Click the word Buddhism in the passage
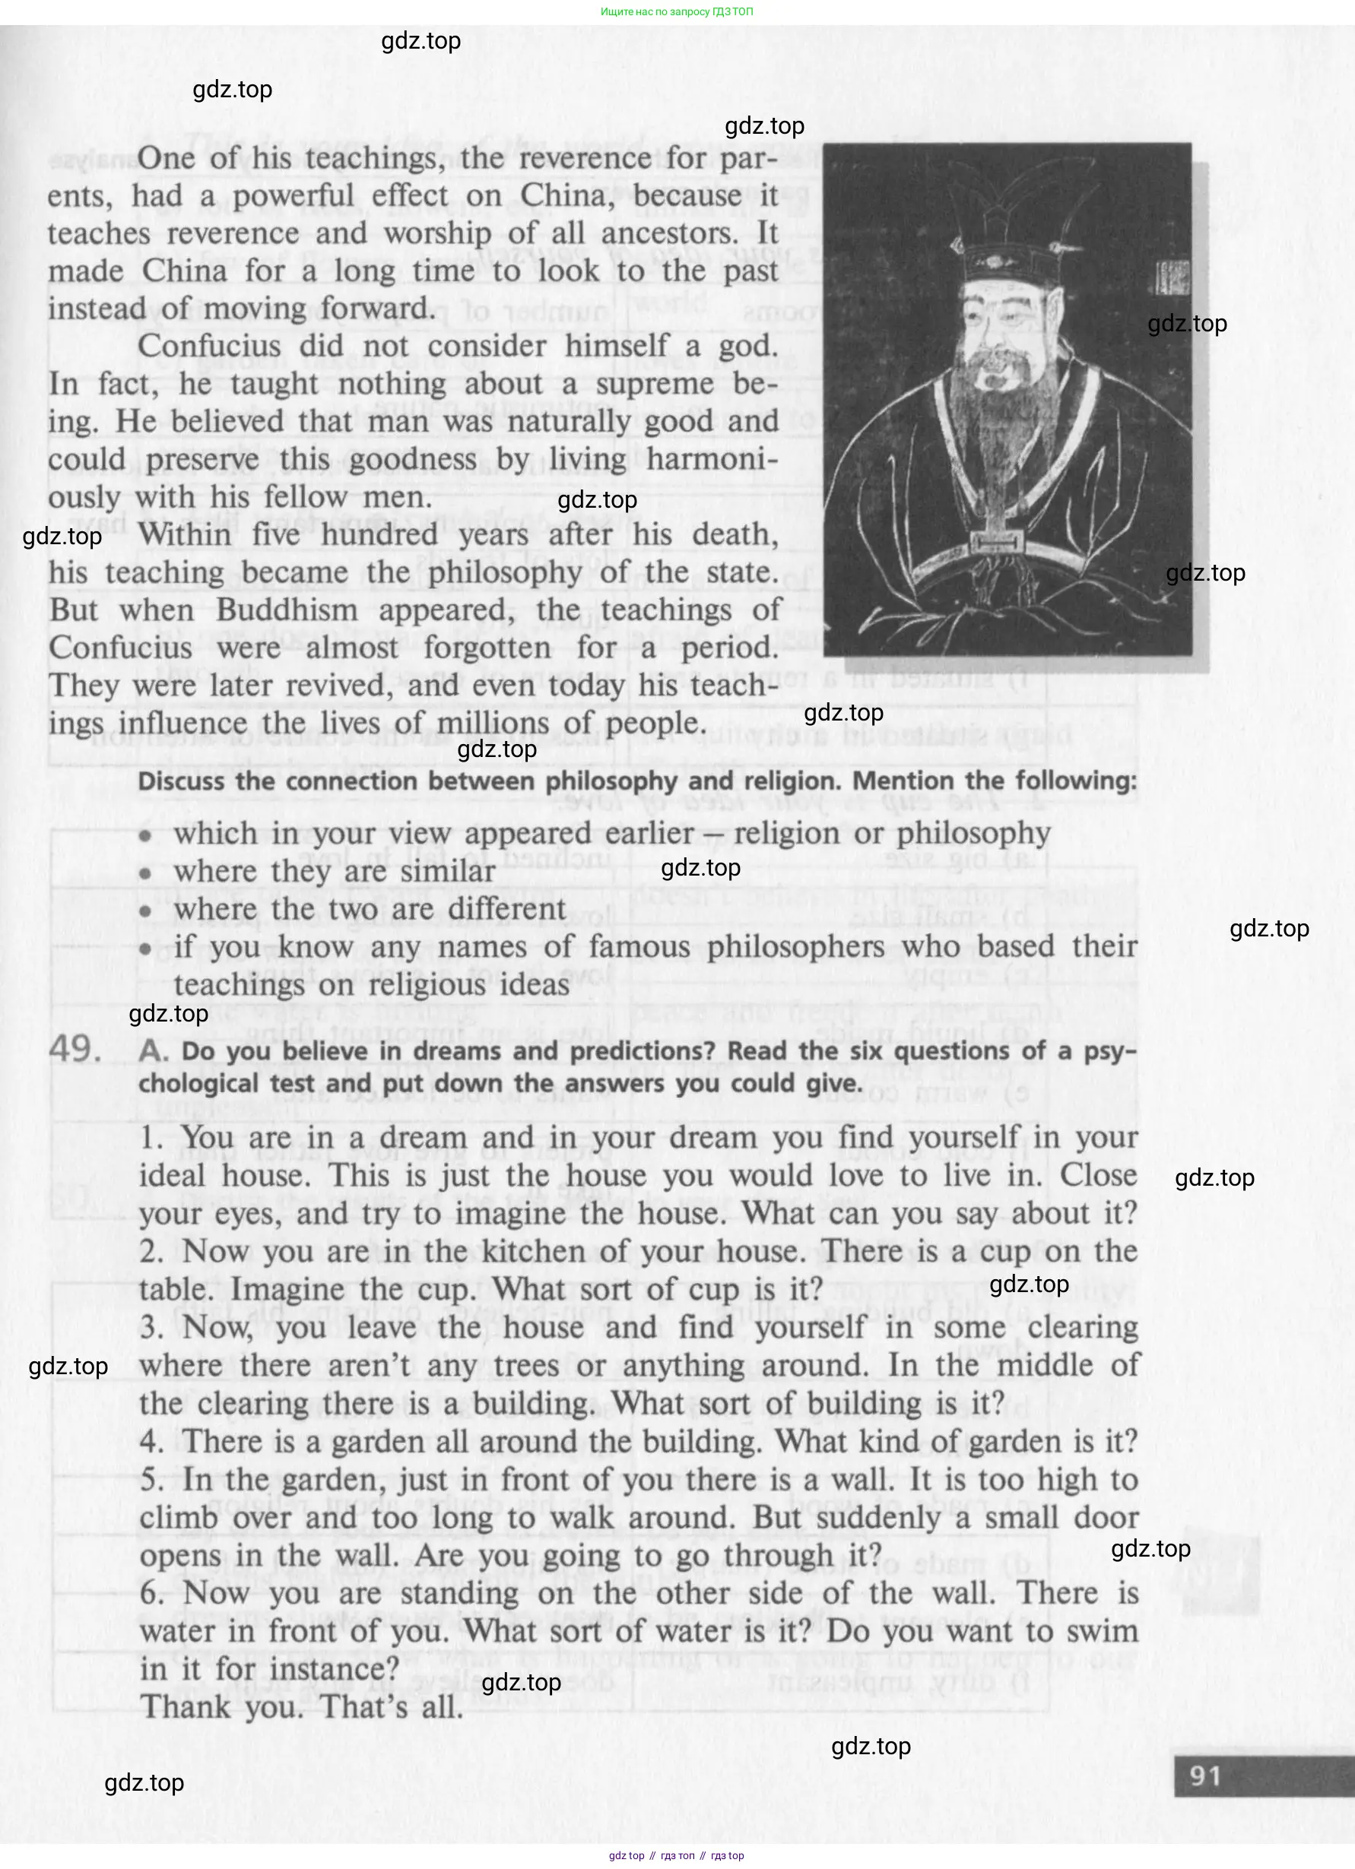[x=287, y=610]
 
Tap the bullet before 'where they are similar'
[x=146, y=873]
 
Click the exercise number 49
[x=75, y=1049]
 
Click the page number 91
[x=1204, y=1775]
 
